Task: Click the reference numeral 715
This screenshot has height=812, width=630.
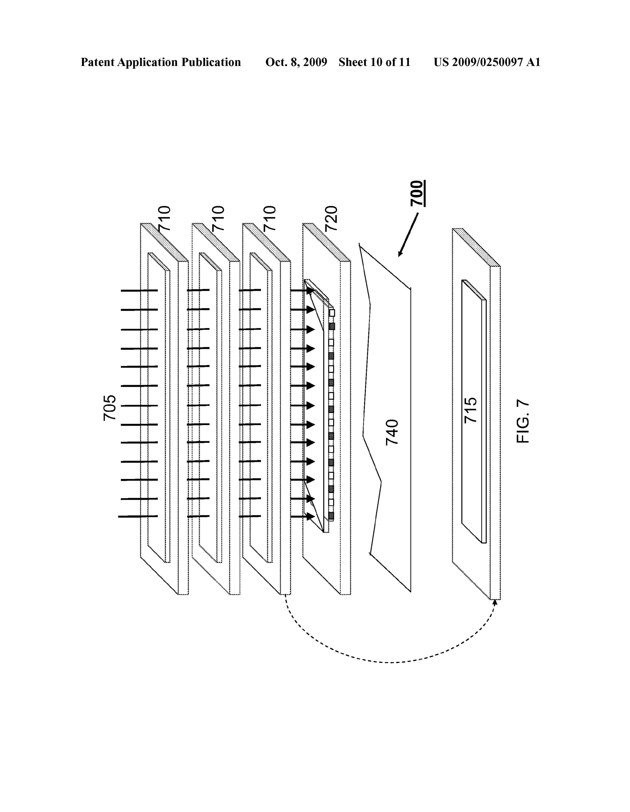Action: pyautogui.click(x=471, y=410)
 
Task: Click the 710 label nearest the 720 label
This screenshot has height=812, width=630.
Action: pyautogui.click(x=269, y=219)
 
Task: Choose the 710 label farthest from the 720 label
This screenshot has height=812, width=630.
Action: pyautogui.click(x=164, y=219)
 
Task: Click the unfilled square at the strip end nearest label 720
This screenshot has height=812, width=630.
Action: pyautogui.click(x=332, y=313)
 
